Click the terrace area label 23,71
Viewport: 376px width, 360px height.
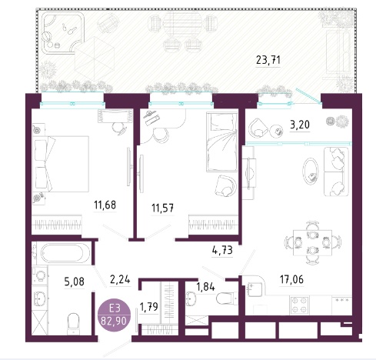(x=268, y=61)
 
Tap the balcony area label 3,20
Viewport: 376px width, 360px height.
(x=300, y=125)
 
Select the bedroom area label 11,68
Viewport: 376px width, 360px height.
(x=105, y=205)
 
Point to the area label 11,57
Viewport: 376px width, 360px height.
(x=162, y=208)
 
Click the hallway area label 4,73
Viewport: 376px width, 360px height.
(x=222, y=250)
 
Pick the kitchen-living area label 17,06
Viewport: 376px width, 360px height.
(x=291, y=279)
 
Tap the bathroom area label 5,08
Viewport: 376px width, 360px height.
(x=75, y=282)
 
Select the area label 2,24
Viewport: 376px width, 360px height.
(x=120, y=279)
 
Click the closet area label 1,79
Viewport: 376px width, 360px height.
(x=149, y=306)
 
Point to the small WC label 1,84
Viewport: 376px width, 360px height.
(x=205, y=287)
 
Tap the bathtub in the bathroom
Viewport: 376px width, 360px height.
(x=62, y=253)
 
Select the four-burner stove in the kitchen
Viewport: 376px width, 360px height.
(x=299, y=305)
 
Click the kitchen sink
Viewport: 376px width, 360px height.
(x=254, y=288)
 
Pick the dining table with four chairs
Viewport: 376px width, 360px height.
(x=312, y=242)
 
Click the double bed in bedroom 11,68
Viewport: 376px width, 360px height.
(x=61, y=164)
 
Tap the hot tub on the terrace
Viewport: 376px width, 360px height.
(x=63, y=34)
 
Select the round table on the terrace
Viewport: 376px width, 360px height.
(x=181, y=25)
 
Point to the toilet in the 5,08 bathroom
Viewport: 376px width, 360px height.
(x=73, y=324)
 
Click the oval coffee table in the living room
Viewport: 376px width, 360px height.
(x=311, y=171)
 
